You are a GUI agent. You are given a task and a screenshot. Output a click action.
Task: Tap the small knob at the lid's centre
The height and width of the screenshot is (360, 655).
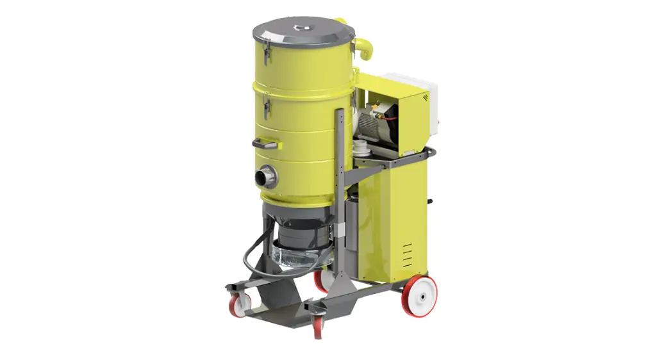point(301,27)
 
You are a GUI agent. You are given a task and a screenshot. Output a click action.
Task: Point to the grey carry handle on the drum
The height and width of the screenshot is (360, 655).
point(265,144)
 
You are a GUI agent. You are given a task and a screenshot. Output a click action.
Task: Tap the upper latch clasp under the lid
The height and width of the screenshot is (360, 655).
point(267,54)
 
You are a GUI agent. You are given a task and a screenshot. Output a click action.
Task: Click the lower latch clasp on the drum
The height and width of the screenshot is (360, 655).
point(267,108)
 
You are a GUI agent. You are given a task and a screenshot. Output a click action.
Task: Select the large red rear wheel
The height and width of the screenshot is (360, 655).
point(419,296)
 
